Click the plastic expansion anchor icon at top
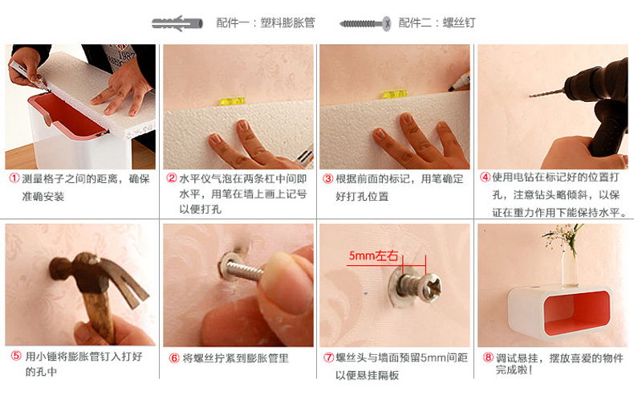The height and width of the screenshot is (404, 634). [x=177, y=23]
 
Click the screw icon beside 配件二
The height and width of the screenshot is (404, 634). [x=365, y=24]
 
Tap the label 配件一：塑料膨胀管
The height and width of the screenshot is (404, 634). [x=266, y=22]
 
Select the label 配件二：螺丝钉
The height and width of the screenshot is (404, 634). [x=437, y=22]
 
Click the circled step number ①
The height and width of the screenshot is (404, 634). [x=14, y=178]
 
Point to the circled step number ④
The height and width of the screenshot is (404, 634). [x=485, y=178]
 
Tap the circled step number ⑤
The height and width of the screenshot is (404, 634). [x=16, y=356]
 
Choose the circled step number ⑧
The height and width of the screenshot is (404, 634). [x=489, y=357]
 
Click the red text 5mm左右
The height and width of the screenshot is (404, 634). [x=373, y=256]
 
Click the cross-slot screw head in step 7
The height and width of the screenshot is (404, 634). [x=431, y=288]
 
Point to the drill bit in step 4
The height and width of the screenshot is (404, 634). [x=547, y=93]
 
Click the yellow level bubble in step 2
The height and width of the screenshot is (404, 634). [x=233, y=100]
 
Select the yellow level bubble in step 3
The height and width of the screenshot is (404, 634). [x=394, y=94]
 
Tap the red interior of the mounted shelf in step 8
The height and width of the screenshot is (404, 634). [x=576, y=313]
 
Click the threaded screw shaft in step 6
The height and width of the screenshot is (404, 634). [x=246, y=270]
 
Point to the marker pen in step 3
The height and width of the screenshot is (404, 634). [x=459, y=81]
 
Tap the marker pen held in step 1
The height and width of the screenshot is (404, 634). [x=29, y=75]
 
